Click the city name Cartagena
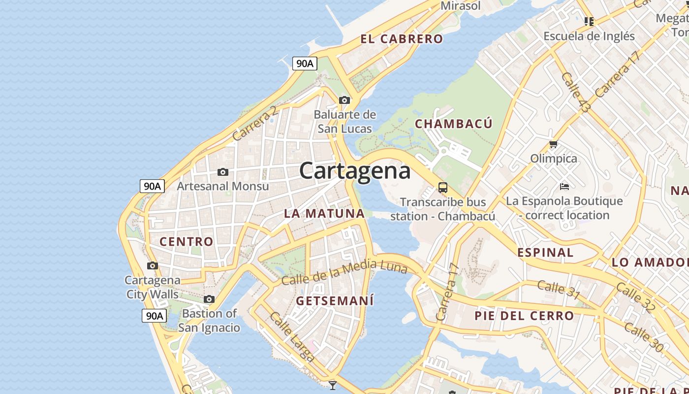click(x=354, y=171)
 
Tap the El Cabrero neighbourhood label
click(x=402, y=39)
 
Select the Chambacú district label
click(x=453, y=124)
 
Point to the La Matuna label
click(x=324, y=213)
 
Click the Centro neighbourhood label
click(x=186, y=241)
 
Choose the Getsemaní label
click(x=335, y=300)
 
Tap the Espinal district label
click(x=545, y=253)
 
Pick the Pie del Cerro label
click(x=524, y=316)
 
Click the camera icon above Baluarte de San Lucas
click(x=344, y=100)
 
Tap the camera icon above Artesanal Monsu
click(x=223, y=172)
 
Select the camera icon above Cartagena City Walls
click(x=153, y=266)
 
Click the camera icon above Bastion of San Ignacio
click(x=209, y=299)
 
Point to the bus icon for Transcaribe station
click(x=443, y=188)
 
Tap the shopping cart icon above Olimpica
click(x=554, y=144)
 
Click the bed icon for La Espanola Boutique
click(x=564, y=187)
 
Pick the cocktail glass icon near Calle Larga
click(x=333, y=385)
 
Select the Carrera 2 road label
click(x=255, y=123)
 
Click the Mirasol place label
click(x=460, y=6)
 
